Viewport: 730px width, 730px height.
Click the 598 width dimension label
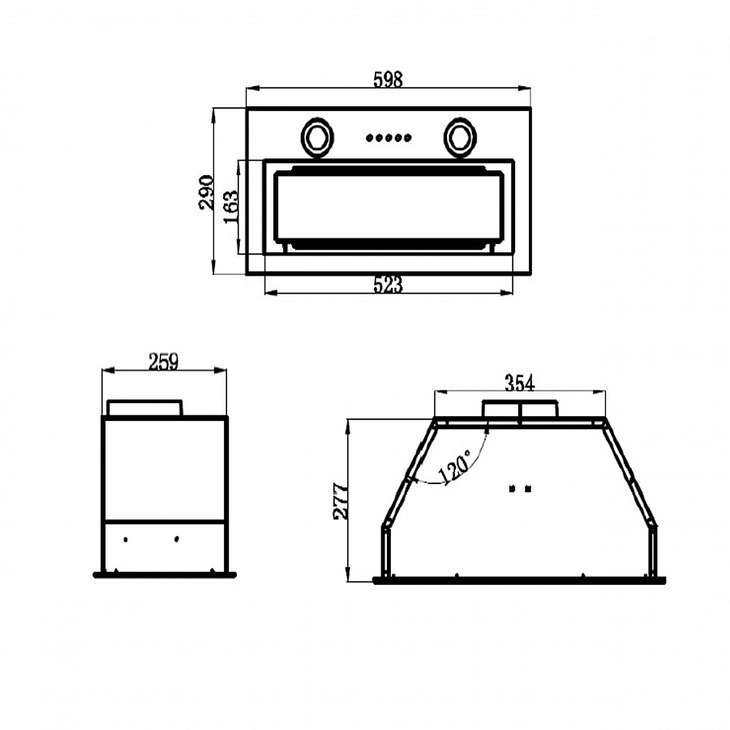pyautogui.click(x=388, y=79)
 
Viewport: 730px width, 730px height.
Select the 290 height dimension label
pyautogui.click(x=206, y=192)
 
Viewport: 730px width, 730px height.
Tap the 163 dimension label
pyautogui.click(x=231, y=206)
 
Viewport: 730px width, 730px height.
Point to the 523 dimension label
pyautogui.click(x=388, y=285)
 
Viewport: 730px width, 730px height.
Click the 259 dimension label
pyautogui.click(x=163, y=361)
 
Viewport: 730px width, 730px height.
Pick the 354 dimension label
pyautogui.click(x=520, y=383)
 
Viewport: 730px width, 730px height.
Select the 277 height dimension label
pyautogui.click(x=341, y=501)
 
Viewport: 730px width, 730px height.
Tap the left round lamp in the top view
pyautogui.click(x=317, y=138)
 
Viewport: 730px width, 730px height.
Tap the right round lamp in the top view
pyautogui.click(x=460, y=138)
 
